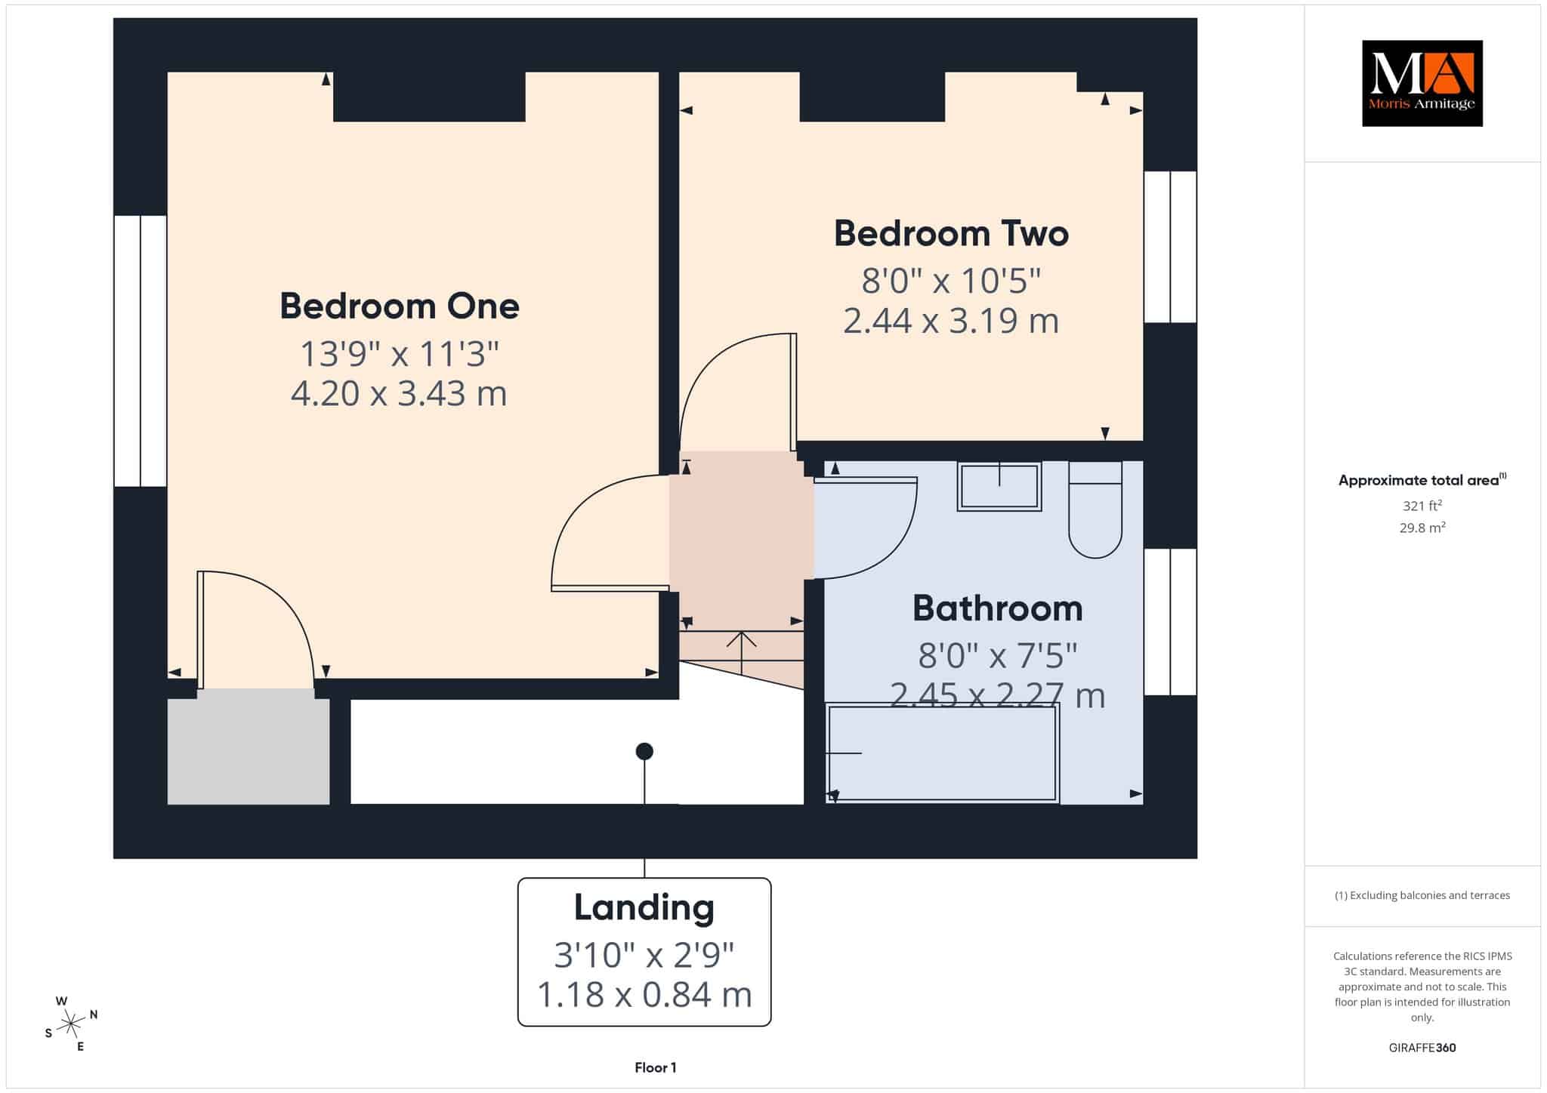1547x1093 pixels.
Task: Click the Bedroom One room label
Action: (x=400, y=306)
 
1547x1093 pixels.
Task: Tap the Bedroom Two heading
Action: (x=951, y=233)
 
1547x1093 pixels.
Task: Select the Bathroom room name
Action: (x=998, y=608)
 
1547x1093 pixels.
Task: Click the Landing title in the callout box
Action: (x=644, y=907)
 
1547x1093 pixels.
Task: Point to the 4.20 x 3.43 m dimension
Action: (x=399, y=393)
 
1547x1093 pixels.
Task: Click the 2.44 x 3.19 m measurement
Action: (x=951, y=321)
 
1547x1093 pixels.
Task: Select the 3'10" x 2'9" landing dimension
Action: (x=644, y=956)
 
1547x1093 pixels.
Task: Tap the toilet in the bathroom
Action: (x=1095, y=510)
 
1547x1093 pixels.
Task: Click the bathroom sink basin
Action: (x=999, y=486)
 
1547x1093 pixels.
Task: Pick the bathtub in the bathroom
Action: (x=943, y=753)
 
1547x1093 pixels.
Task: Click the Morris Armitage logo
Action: (x=1422, y=83)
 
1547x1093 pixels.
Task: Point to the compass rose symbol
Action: (x=71, y=1024)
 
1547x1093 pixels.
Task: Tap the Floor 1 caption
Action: (x=656, y=1068)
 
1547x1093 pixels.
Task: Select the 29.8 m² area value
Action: (x=1422, y=528)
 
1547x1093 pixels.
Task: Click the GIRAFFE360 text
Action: (x=1422, y=1048)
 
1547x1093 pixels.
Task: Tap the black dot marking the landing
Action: (x=644, y=751)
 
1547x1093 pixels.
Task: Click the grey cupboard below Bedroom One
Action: (x=249, y=752)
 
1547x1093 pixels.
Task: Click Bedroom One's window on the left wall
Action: (x=140, y=351)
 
